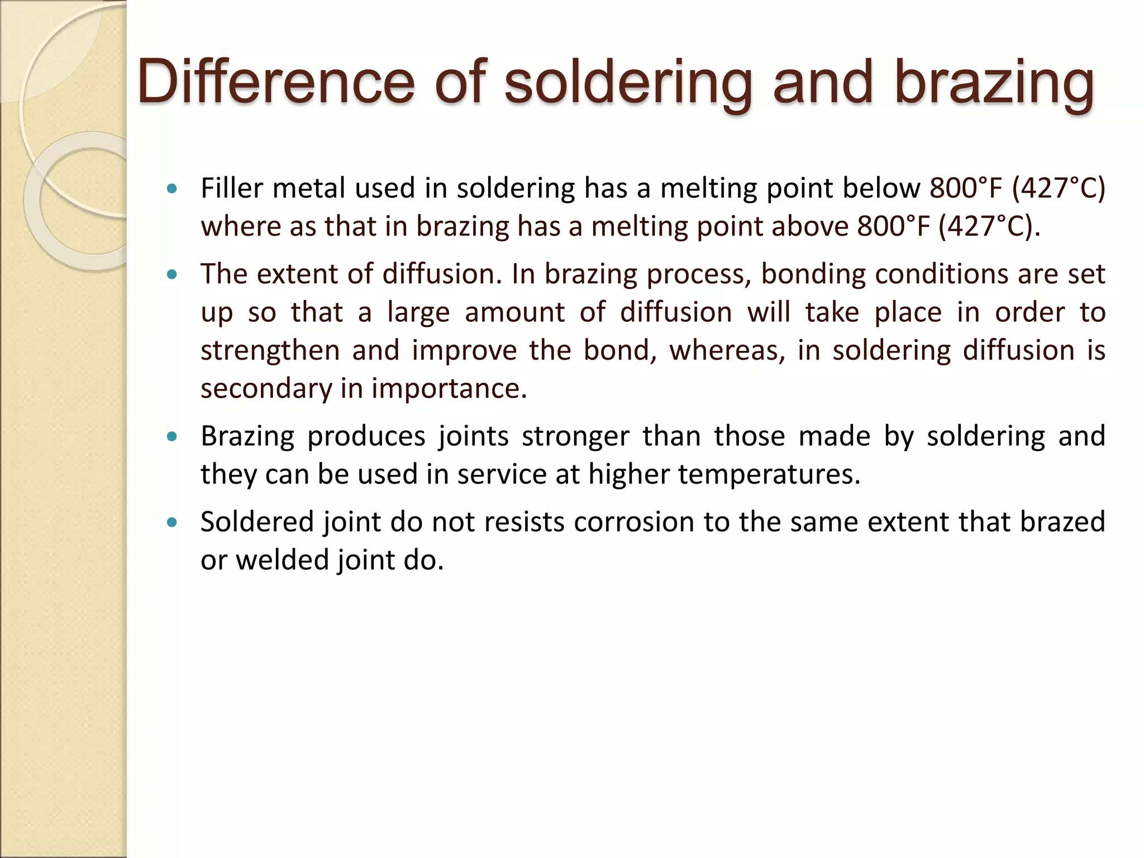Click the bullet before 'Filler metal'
pos(172,188)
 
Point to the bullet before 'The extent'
pos(172,274)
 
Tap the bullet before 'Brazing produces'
pos(172,436)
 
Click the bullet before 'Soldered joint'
pos(172,522)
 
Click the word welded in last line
pos(282,560)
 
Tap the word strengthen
pos(270,351)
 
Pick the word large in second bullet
pos(418,313)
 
